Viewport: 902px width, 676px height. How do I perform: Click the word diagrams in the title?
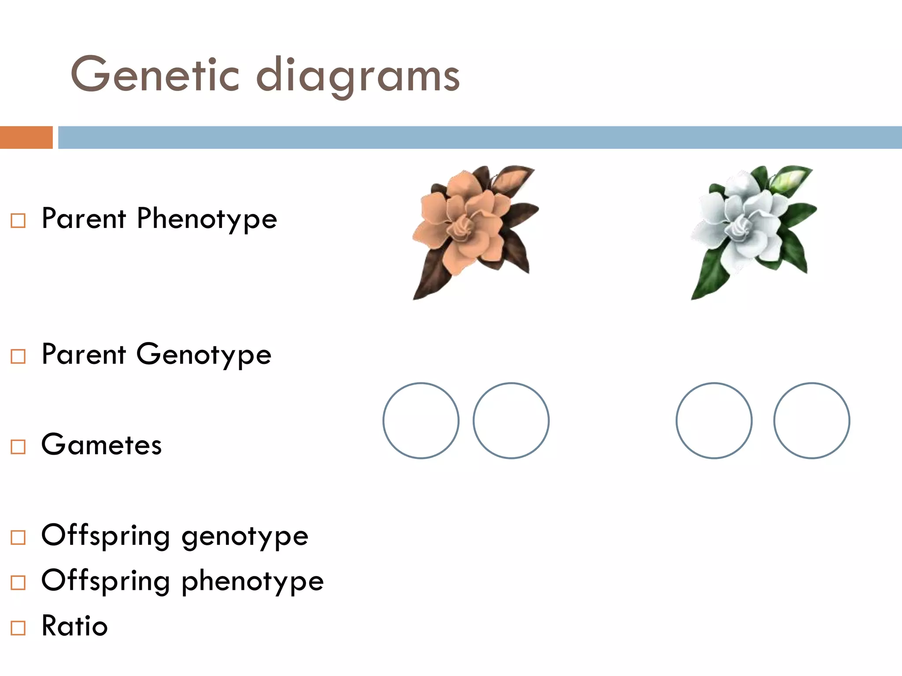coord(358,77)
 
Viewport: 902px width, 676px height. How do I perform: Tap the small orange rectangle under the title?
coord(26,137)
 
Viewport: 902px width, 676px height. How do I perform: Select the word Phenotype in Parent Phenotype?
coord(207,219)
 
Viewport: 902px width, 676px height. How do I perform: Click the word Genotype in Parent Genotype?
coord(203,355)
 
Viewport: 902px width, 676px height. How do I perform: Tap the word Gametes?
coord(101,445)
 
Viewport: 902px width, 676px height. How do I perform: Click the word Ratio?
coord(74,625)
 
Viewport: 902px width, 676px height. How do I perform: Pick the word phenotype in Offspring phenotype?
coord(252,582)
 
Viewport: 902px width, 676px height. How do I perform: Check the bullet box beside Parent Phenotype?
coord(18,220)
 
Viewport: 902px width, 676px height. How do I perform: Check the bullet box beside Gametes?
coord(18,447)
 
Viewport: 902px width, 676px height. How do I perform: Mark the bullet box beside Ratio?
coord(18,628)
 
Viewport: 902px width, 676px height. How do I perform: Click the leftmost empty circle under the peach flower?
coord(421,421)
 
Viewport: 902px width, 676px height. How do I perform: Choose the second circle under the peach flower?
coord(511,421)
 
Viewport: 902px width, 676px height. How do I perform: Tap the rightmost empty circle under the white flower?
coord(812,421)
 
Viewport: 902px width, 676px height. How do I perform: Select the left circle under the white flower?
coord(714,421)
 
